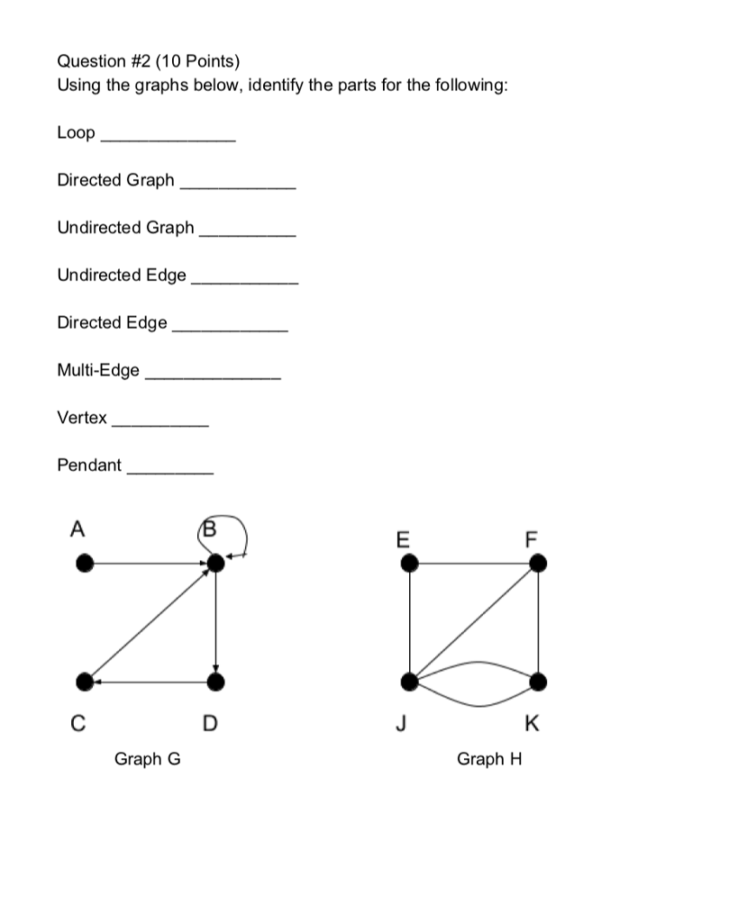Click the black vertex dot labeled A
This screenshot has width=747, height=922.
click(84, 564)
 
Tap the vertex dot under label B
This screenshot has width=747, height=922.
click(215, 564)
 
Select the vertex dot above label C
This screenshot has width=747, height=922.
click(84, 682)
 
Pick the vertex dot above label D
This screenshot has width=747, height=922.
click(215, 682)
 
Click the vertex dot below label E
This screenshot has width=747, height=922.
click(410, 564)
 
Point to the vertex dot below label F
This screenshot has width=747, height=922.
click(538, 564)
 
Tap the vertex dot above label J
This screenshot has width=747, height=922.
click(410, 682)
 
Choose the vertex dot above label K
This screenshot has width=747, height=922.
click(538, 682)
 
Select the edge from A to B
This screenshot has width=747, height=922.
click(149, 564)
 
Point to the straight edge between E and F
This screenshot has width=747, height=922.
click(474, 564)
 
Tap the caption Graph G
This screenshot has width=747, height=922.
click(147, 759)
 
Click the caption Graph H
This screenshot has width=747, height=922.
click(489, 759)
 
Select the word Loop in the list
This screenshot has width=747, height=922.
click(76, 133)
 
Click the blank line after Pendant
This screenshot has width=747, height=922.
click(170, 472)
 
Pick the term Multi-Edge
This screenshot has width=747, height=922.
click(98, 370)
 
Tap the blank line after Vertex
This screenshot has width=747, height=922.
click(159, 424)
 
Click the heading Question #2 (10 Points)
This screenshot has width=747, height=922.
click(149, 61)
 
